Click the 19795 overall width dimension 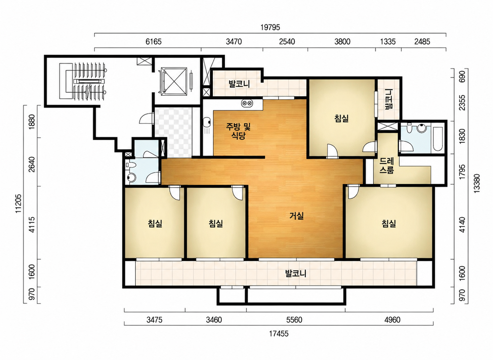point(270,27)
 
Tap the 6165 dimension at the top point(153,42)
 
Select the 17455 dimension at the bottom point(279,333)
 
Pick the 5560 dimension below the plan point(294,320)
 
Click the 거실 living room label point(296,216)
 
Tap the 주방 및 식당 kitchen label point(238,131)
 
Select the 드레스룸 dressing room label point(387,166)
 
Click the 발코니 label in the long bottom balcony point(296,273)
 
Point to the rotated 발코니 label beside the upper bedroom point(389,99)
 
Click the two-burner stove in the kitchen point(247,103)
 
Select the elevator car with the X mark point(174,81)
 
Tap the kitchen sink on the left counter point(206,122)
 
